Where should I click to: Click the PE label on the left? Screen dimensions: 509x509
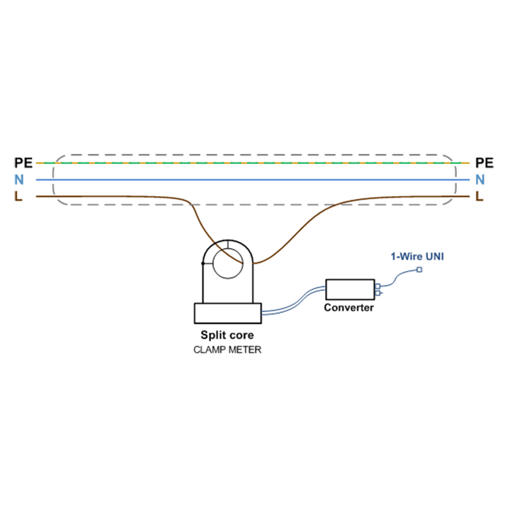point(23,163)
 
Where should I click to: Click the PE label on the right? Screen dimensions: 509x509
point(484,163)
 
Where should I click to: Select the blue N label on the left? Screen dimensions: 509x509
point(19,180)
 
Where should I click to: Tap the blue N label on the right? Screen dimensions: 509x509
point(480,180)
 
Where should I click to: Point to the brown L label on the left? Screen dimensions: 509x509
point(18,196)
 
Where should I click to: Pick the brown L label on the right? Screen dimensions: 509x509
point(479,196)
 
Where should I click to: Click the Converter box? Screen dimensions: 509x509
point(350,289)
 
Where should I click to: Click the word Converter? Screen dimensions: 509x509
point(349,308)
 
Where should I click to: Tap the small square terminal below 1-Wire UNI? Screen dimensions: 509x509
point(419,270)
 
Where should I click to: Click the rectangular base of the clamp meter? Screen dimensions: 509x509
point(228,313)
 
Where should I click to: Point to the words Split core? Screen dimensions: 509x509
point(227,335)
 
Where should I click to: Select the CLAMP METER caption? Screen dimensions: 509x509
point(227,350)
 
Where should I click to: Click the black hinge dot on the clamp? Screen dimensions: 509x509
point(203,263)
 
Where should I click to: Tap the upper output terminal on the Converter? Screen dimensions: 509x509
point(378,286)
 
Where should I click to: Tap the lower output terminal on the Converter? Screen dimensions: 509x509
point(378,293)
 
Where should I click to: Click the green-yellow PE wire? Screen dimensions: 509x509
point(253,163)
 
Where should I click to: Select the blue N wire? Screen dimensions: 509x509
point(253,180)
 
